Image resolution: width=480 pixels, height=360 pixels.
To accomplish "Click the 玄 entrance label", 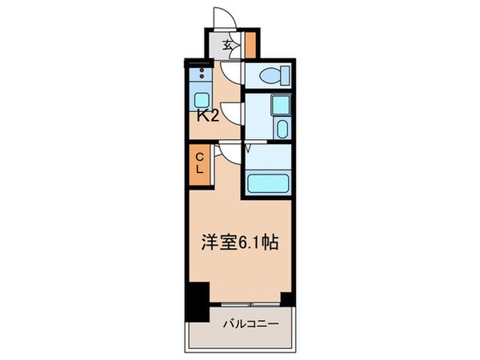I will pos(227,46).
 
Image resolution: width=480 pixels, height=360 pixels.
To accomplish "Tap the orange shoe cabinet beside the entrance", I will pos(250,46).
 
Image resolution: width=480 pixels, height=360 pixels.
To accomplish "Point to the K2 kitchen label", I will pos(208,116).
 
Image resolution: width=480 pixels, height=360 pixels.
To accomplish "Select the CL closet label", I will pos(200,163).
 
